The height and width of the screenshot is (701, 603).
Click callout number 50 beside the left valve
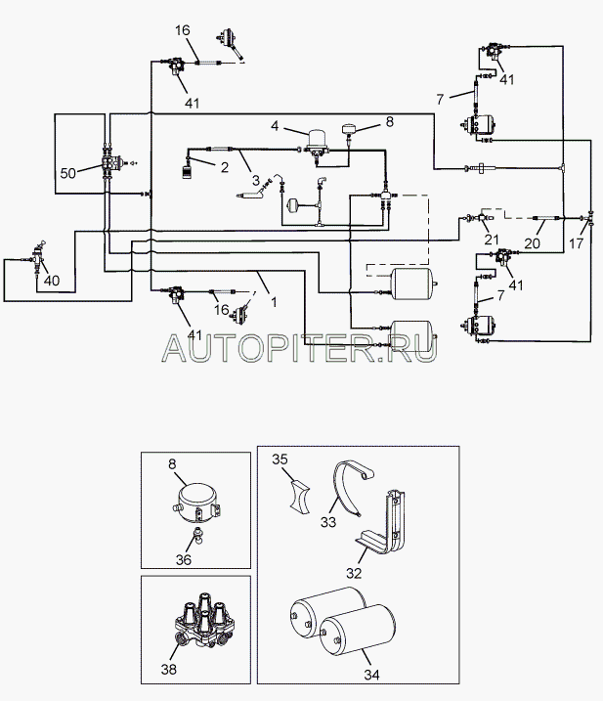[68, 173]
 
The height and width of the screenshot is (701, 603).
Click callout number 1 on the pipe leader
[275, 302]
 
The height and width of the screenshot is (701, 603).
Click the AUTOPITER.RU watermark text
[297, 345]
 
